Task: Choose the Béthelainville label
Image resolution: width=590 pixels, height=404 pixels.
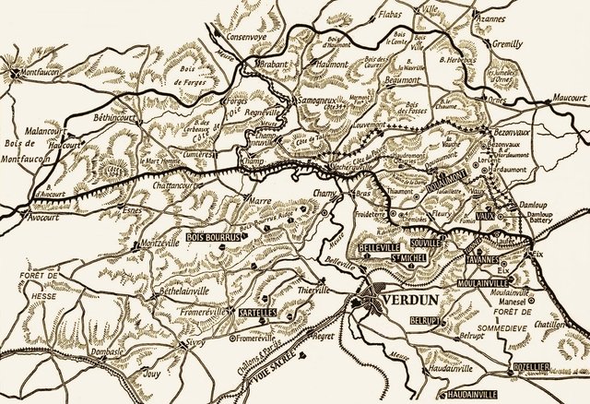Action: click(165, 289)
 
